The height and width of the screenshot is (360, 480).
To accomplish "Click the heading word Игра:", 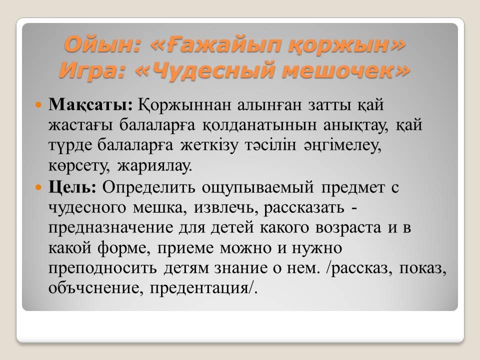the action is [92, 70].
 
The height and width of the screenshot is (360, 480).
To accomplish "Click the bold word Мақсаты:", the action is [90, 104].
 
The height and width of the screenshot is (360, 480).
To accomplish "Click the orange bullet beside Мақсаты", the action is [38, 104].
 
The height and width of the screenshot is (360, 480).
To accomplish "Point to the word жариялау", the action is [154, 166].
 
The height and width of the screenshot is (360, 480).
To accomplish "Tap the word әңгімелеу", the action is [343, 145].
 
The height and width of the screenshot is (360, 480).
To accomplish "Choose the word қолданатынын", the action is [259, 125].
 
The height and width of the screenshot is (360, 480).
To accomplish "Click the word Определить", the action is [148, 187].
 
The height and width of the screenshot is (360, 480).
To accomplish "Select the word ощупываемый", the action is [258, 187].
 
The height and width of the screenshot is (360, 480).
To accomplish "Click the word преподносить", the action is [102, 268].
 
